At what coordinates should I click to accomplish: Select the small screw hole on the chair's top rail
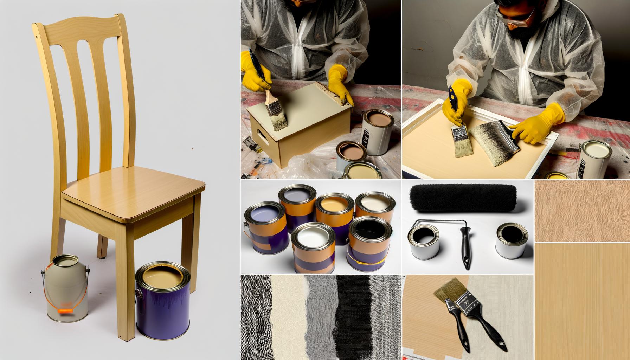[37, 37]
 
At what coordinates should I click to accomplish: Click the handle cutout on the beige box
[262, 135]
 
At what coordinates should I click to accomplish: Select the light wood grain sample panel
[582, 301]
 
